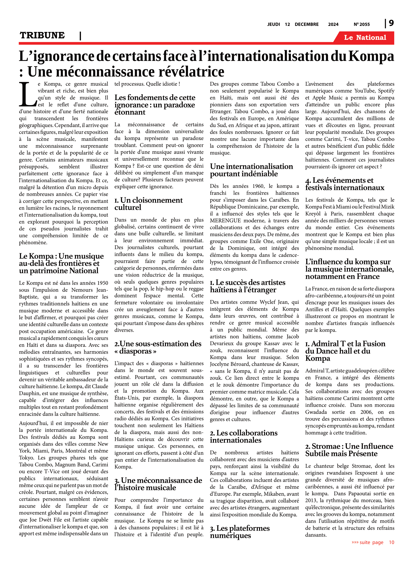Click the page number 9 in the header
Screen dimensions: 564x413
tap(391, 23)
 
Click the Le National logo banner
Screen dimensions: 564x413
tap(365, 38)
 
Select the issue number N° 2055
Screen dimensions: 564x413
tap(362, 24)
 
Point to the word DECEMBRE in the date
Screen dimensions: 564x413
tap(307, 24)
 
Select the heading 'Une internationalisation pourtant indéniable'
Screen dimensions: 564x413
tap(251, 170)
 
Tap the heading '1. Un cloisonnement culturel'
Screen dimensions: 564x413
tap(148, 204)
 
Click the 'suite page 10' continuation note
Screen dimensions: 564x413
tap(372, 542)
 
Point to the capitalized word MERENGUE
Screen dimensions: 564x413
tap(225, 221)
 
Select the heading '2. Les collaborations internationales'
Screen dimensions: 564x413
tap(243, 436)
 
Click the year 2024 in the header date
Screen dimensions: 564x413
tap(333, 24)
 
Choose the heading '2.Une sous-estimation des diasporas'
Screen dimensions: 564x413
tap(158, 347)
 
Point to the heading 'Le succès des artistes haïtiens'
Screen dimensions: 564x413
tap(247, 286)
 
